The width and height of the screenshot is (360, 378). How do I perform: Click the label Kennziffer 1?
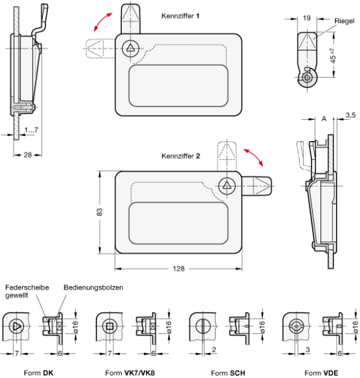(x=180, y=16)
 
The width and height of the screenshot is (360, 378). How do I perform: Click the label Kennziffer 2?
(x=181, y=156)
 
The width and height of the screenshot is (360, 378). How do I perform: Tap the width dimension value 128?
(x=178, y=268)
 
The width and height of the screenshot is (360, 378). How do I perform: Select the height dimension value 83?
(x=100, y=212)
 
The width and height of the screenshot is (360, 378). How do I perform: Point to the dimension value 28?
(x=28, y=155)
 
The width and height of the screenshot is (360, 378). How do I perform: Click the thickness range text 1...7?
(x=31, y=130)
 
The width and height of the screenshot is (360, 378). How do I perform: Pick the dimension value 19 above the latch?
(x=306, y=18)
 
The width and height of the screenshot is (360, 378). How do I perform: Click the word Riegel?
(x=344, y=21)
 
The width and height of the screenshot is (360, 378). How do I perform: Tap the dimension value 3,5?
(x=351, y=115)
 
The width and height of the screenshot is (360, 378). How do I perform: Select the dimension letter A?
(x=324, y=118)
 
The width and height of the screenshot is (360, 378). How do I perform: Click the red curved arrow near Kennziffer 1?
(x=103, y=22)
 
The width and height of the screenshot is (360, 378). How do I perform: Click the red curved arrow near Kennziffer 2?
(x=253, y=157)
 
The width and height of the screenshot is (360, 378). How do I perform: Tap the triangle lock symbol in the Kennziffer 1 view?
(x=131, y=49)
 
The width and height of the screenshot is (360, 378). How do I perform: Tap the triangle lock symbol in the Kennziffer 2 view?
(x=226, y=186)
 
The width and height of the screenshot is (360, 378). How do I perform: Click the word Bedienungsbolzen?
(x=93, y=287)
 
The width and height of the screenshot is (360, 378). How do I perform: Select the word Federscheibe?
(x=27, y=287)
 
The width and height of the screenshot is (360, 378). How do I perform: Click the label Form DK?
(x=38, y=373)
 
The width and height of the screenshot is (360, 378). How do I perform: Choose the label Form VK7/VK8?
(x=130, y=373)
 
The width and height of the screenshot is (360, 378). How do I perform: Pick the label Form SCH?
(x=228, y=373)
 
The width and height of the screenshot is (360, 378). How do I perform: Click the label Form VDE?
(x=321, y=373)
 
